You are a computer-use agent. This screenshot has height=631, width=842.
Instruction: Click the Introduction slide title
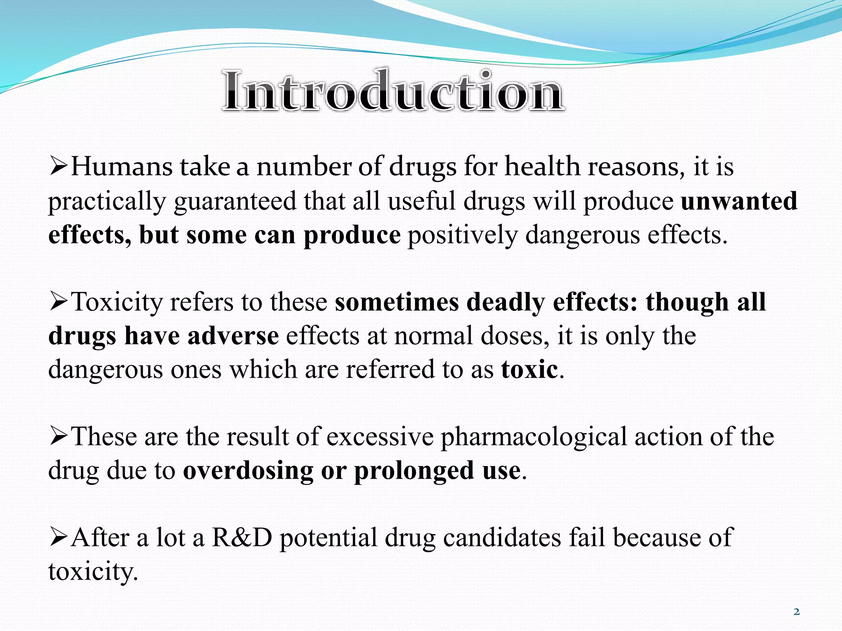(x=393, y=91)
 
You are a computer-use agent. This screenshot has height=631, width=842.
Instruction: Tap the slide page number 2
(x=796, y=612)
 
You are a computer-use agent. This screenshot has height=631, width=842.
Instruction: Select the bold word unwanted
(x=739, y=201)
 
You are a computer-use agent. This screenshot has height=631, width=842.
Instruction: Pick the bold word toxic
(x=529, y=369)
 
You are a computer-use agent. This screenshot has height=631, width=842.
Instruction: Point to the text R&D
(x=242, y=538)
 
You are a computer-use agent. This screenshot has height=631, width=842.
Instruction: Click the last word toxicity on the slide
(x=93, y=572)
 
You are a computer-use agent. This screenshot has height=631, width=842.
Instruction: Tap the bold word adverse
(x=233, y=336)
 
